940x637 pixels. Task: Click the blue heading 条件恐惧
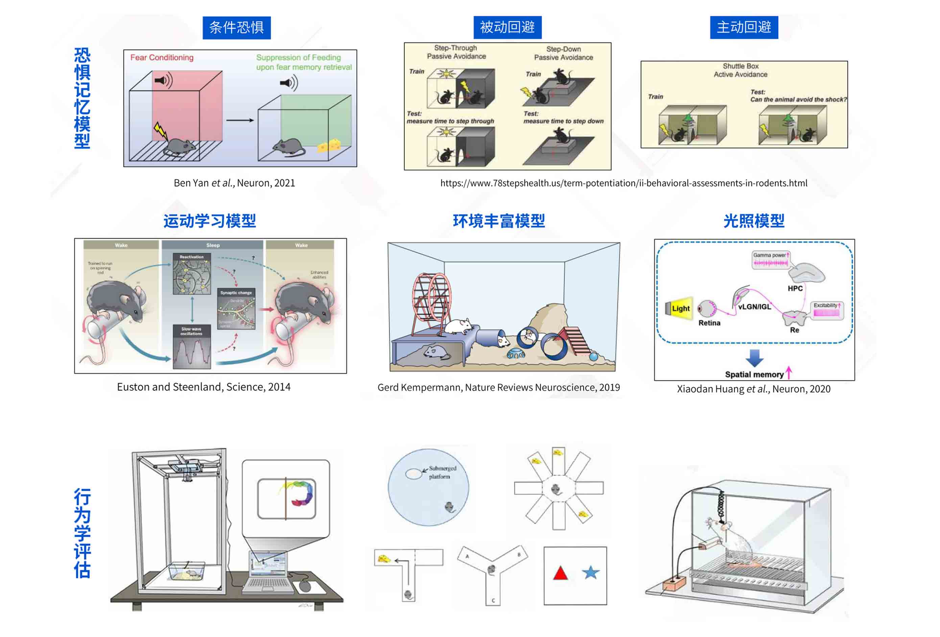pyautogui.click(x=236, y=27)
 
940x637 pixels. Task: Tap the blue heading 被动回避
pyautogui.click(x=507, y=27)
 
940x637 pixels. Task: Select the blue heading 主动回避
pyautogui.click(x=744, y=27)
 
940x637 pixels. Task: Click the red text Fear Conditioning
pyautogui.click(x=161, y=57)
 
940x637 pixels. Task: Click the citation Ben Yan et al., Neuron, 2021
pyautogui.click(x=234, y=183)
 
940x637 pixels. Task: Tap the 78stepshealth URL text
pyautogui.click(x=623, y=183)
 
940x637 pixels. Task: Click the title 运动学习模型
pyautogui.click(x=210, y=221)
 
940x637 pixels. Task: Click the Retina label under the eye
pyautogui.click(x=709, y=323)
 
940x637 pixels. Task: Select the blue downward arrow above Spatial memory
pyautogui.click(x=754, y=357)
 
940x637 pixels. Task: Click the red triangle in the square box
pyautogui.click(x=560, y=573)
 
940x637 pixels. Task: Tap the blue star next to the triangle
pyautogui.click(x=590, y=572)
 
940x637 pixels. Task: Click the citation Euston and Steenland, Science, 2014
pyautogui.click(x=204, y=387)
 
